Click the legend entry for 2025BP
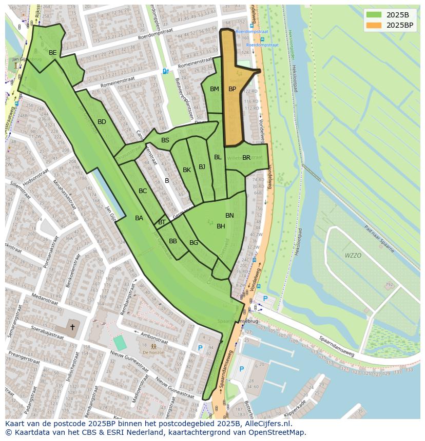point(399,25)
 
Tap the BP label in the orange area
point(232,89)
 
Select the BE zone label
point(52,53)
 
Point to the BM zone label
point(215,89)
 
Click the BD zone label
point(102,122)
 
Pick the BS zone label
point(165,140)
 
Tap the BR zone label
point(246,158)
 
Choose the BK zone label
point(187,170)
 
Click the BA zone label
point(139,218)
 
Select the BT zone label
point(162,222)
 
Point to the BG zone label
point(194,243)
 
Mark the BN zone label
point(229,216)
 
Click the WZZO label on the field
point(353,255)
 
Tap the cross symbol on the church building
point(72,327)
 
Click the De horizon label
point(153,352)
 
